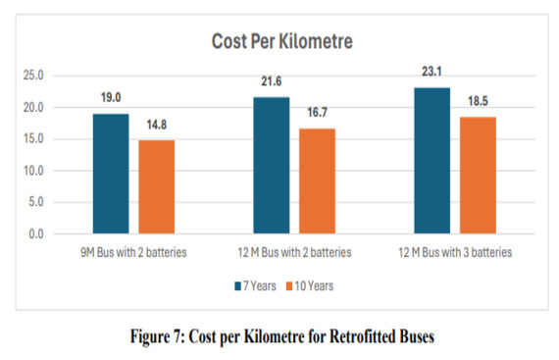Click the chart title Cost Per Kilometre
coord(282,42)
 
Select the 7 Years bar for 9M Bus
coord(111,174)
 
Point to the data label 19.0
coord(111,98)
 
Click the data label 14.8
coord(156,125)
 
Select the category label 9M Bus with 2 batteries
coord(133,254)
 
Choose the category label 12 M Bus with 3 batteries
coord(455,254)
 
